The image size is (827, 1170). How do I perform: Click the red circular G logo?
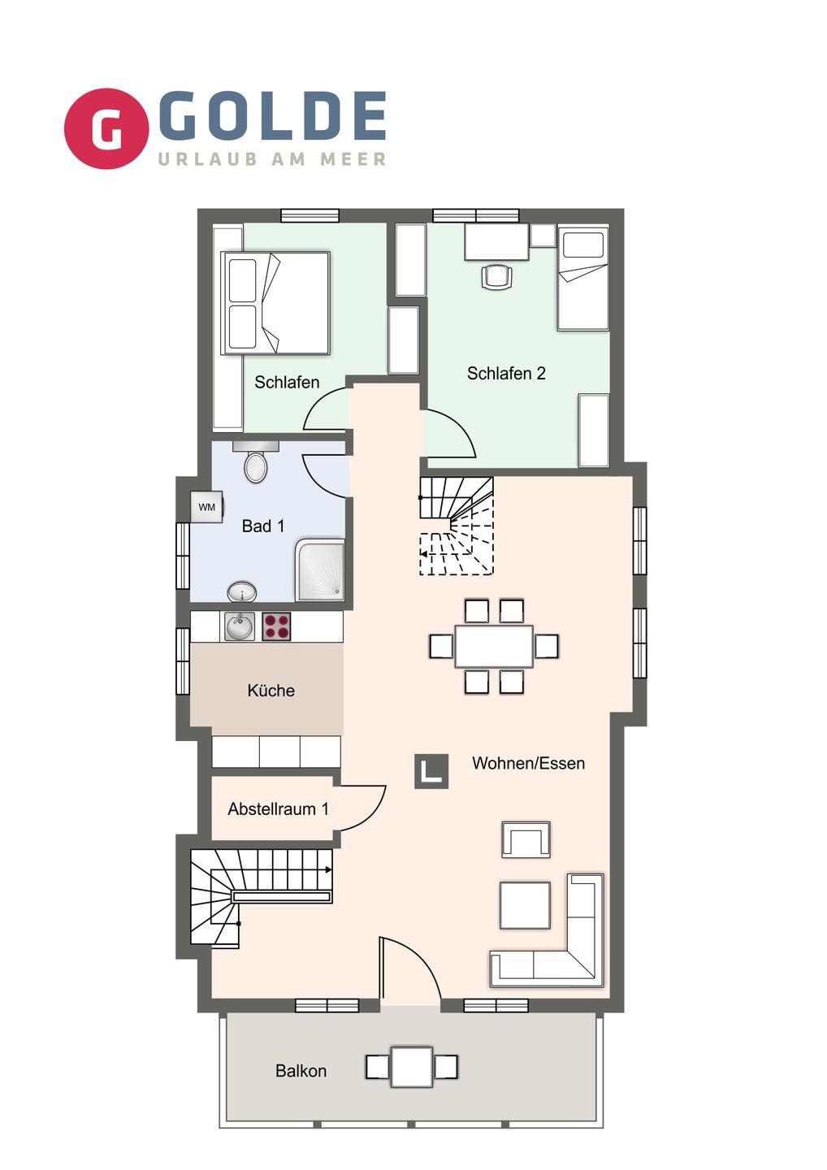106,128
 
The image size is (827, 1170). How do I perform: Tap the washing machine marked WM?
206,507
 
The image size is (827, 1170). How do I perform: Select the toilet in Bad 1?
256,461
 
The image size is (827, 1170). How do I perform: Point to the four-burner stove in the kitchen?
276,626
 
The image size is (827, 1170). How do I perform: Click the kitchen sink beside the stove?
240,626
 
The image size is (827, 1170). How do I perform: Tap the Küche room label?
271,691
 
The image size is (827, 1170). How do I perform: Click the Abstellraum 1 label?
279,809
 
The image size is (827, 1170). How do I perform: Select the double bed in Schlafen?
275,303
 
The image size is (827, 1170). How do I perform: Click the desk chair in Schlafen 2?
496,275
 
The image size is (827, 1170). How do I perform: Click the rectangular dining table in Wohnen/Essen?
494,646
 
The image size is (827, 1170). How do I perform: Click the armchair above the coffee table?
526,839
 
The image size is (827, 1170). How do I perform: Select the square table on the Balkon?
412,1066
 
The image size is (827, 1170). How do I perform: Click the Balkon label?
301,1071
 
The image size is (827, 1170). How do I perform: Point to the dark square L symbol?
431,771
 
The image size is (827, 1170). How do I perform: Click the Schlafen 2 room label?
506,374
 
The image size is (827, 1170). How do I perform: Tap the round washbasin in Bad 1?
242,592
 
